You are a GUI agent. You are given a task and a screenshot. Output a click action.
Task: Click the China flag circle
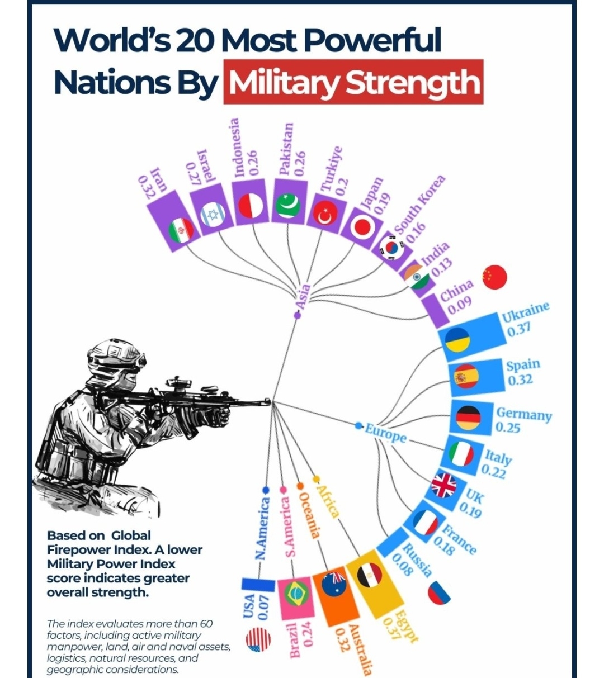494,277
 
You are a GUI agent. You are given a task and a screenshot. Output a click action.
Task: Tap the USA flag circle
258,640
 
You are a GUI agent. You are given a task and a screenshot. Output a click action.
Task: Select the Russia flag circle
440,592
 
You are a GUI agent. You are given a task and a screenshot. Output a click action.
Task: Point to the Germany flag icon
468,418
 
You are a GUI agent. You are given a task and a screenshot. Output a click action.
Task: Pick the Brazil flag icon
294,595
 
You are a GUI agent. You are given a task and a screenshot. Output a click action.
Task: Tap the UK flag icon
443,485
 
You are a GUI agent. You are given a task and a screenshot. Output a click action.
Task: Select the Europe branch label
385,433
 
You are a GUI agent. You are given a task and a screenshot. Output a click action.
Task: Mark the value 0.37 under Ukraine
519,329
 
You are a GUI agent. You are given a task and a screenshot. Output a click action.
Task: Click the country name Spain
523,365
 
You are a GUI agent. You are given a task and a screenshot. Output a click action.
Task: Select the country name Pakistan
286,149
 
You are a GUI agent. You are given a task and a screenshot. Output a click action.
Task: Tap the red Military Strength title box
353,82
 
